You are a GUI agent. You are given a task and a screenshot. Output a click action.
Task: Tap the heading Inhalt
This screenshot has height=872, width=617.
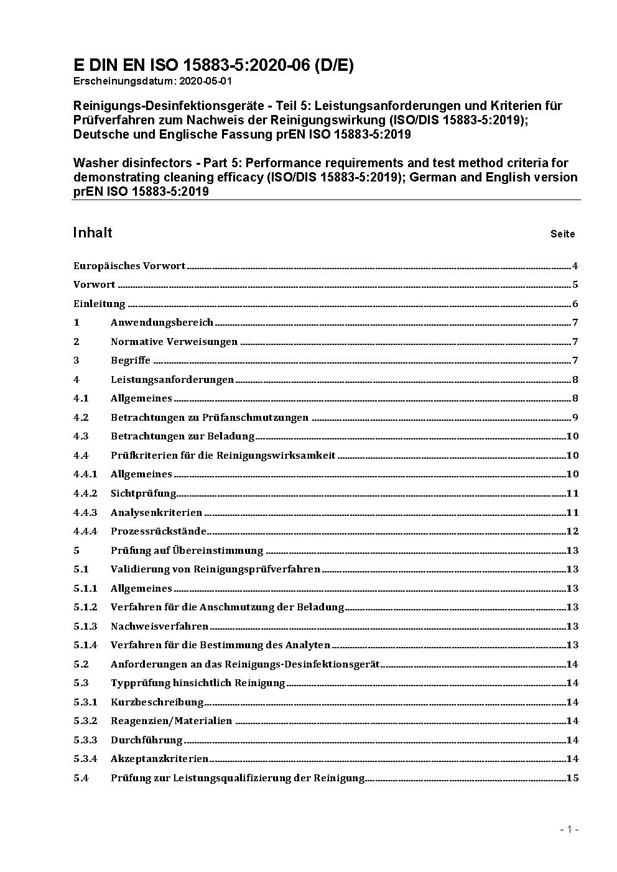[x=93, y=232]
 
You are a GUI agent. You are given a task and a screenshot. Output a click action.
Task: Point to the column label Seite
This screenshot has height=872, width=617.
[x=562, y=234]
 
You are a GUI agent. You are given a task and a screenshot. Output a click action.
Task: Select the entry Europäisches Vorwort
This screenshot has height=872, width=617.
[x=129, y=266]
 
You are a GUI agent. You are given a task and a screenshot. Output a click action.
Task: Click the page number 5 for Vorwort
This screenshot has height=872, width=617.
[x=575, y=285]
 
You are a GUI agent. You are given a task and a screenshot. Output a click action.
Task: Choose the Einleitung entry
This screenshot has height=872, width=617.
[x=100, y=304]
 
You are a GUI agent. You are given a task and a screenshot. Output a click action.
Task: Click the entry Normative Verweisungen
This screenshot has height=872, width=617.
[x=174, y=342]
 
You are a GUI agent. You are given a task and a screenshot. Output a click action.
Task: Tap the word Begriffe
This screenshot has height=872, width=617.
[x=131, y=360]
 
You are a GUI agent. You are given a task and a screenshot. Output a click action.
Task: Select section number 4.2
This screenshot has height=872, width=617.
[x=81, y=418]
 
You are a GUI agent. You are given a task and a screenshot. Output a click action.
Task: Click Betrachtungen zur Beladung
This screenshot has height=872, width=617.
[x=182, y=436]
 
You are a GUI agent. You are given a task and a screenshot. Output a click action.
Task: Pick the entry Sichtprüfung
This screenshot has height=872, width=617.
[x=143, y=493]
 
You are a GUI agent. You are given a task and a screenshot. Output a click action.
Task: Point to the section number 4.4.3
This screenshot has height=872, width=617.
[x=85, y=513]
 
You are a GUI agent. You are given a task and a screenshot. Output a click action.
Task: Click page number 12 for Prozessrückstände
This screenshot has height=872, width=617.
[x=572, y=531]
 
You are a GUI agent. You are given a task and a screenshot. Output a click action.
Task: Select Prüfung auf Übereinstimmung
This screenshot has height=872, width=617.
[x=187, y=551]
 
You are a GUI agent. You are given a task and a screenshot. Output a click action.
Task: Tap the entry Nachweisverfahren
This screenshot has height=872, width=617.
[x=159, y=626]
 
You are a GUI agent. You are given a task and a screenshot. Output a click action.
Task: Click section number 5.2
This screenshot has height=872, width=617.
[x=81, y=664]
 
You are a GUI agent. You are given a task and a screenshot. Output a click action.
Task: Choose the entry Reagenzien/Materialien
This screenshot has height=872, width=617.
[x=171, y=721]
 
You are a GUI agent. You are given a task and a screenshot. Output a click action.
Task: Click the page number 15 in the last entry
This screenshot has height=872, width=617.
[x=572, y=778]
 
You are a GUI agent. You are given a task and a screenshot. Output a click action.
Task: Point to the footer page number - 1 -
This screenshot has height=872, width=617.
[x=569, y=829]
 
